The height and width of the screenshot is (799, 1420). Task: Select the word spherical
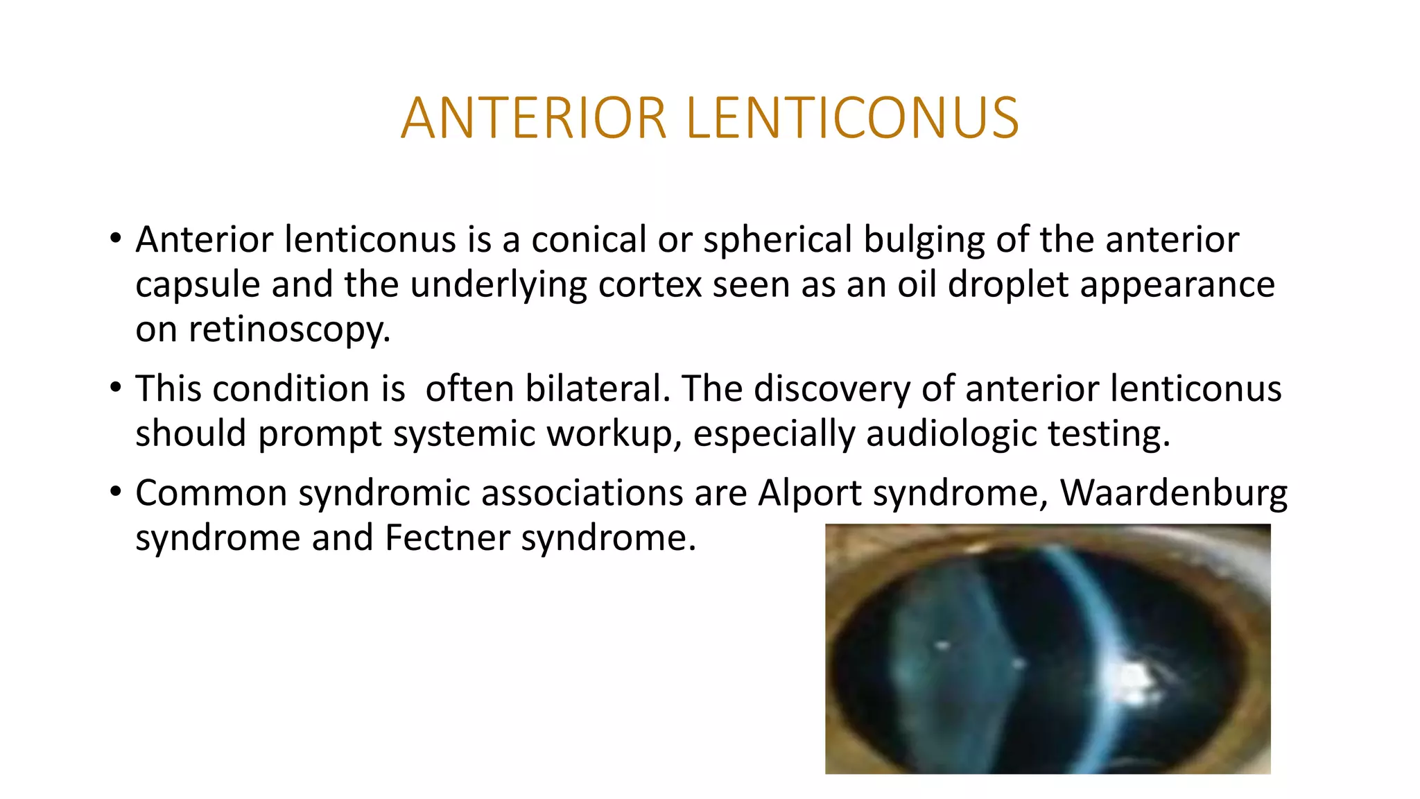tap(777, 240)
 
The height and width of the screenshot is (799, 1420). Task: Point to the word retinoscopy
tap(289, 329)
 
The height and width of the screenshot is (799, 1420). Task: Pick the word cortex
tap(650, 284)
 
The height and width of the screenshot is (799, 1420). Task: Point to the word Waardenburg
tap(1173, 493)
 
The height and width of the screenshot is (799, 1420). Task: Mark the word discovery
tap(831, 388)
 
